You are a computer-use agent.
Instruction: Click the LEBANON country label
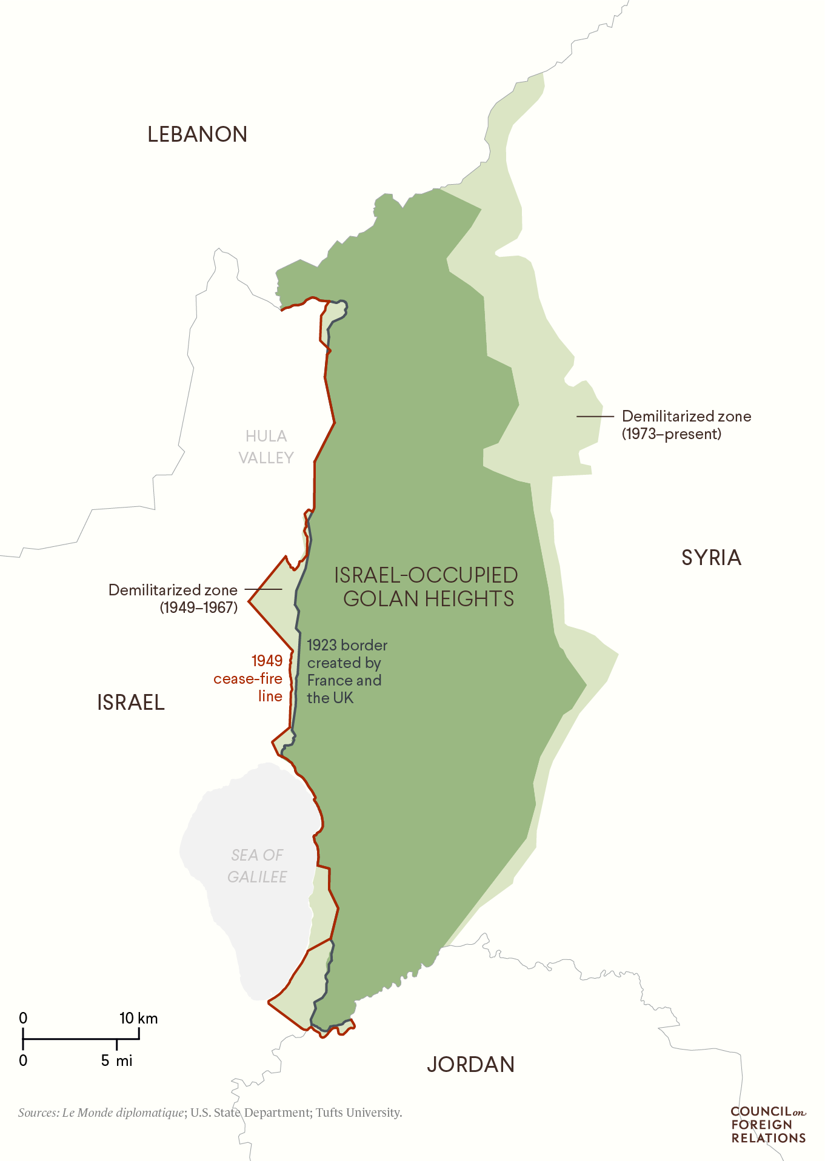point(197,134)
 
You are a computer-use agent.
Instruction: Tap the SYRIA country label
point(711,557)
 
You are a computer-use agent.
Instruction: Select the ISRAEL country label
point(131,703)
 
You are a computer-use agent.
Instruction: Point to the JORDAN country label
point(470,1064)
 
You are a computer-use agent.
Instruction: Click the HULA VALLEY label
point(266,447)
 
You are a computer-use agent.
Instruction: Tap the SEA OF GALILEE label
point(257,865)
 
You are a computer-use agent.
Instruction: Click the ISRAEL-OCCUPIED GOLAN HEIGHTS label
point(426,587)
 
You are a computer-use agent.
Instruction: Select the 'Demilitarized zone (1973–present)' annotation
point(686,425)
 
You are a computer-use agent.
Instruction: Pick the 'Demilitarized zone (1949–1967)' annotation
point(173,598)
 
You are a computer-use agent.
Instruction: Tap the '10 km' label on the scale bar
point(138,1018)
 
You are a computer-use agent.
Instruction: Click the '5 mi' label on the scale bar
point(116,1060)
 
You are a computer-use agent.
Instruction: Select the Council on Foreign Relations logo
point(768,1124)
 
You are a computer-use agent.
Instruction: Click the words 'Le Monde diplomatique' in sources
point(123,1113)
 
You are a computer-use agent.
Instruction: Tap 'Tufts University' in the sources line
point(358,1113)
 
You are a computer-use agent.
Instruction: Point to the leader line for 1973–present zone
point(595,417)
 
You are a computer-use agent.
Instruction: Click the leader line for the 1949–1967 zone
point(263,589)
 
